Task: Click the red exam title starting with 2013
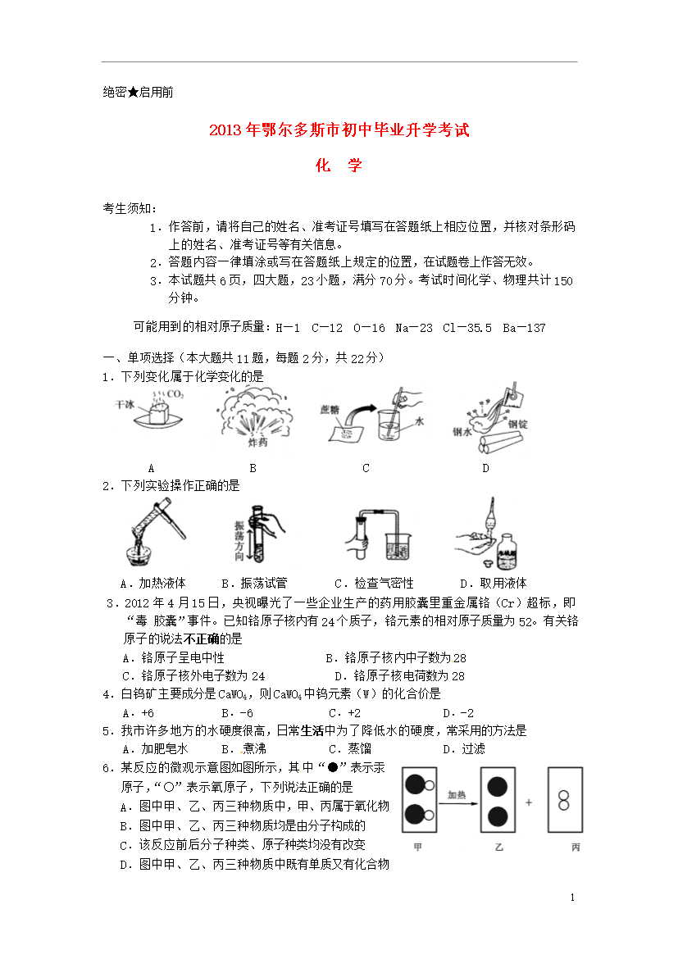[339, 130]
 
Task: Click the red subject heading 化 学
[339, 165]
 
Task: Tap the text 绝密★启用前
[139, 93]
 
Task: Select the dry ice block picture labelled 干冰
[150, 409]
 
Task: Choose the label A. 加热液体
[153, 584]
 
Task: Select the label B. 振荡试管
[254, 584]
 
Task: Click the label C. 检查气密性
[374, 584]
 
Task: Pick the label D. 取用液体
[494, 584]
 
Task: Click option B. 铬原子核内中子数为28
[396, 658]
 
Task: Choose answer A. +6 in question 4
[139, 713]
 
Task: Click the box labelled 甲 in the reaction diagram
[419, 800]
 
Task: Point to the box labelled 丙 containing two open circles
[565, 800]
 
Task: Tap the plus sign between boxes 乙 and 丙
[529, 802]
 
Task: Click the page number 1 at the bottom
[572, 898]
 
